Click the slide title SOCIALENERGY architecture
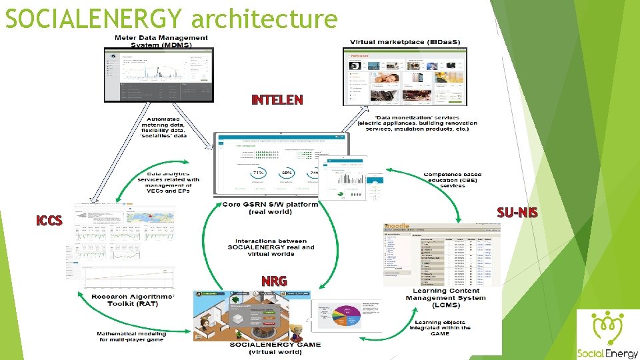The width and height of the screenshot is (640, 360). coord(171,19)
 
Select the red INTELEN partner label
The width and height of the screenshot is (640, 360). coord(277,101)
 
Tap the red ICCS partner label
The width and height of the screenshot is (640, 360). coord(49,221)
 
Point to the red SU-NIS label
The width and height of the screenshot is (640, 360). coord(517,213)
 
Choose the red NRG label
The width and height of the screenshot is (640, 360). coord(274,281)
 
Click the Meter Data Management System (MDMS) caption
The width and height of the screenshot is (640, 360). coord(161,41)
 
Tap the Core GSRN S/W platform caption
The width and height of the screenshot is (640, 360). coord(270,207)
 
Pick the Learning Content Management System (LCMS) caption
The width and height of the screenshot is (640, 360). coord(446,298)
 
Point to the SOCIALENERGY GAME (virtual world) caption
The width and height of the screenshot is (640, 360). coord(275,348)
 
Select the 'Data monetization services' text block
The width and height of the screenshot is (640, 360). coord(417,123)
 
